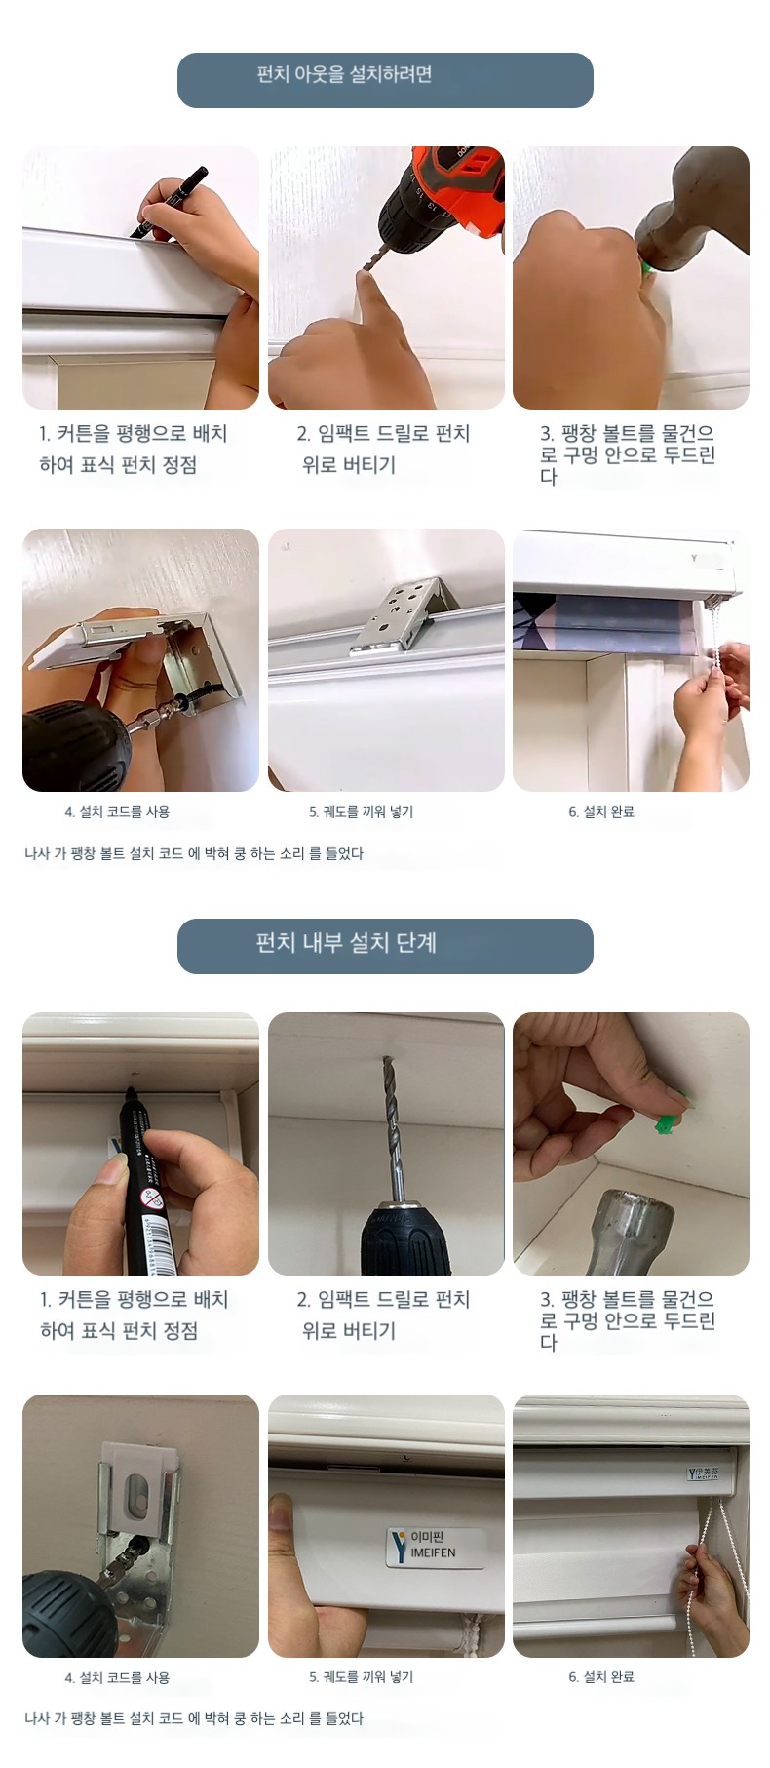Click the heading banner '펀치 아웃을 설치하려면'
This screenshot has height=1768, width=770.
click(385, 80)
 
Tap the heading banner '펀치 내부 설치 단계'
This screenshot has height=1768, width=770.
click(385, 945)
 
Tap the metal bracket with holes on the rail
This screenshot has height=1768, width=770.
click(403, 613)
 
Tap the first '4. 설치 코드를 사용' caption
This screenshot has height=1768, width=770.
click(117, 812)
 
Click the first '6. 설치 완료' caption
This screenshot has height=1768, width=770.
click(601, 812)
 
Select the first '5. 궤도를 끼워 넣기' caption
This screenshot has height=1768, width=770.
click(362, 812)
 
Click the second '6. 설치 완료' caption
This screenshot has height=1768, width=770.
click(601, 1677)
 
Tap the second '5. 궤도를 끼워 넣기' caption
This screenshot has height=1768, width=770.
click(362, 1677)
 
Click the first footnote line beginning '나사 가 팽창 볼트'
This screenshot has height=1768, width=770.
click(194, 853)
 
